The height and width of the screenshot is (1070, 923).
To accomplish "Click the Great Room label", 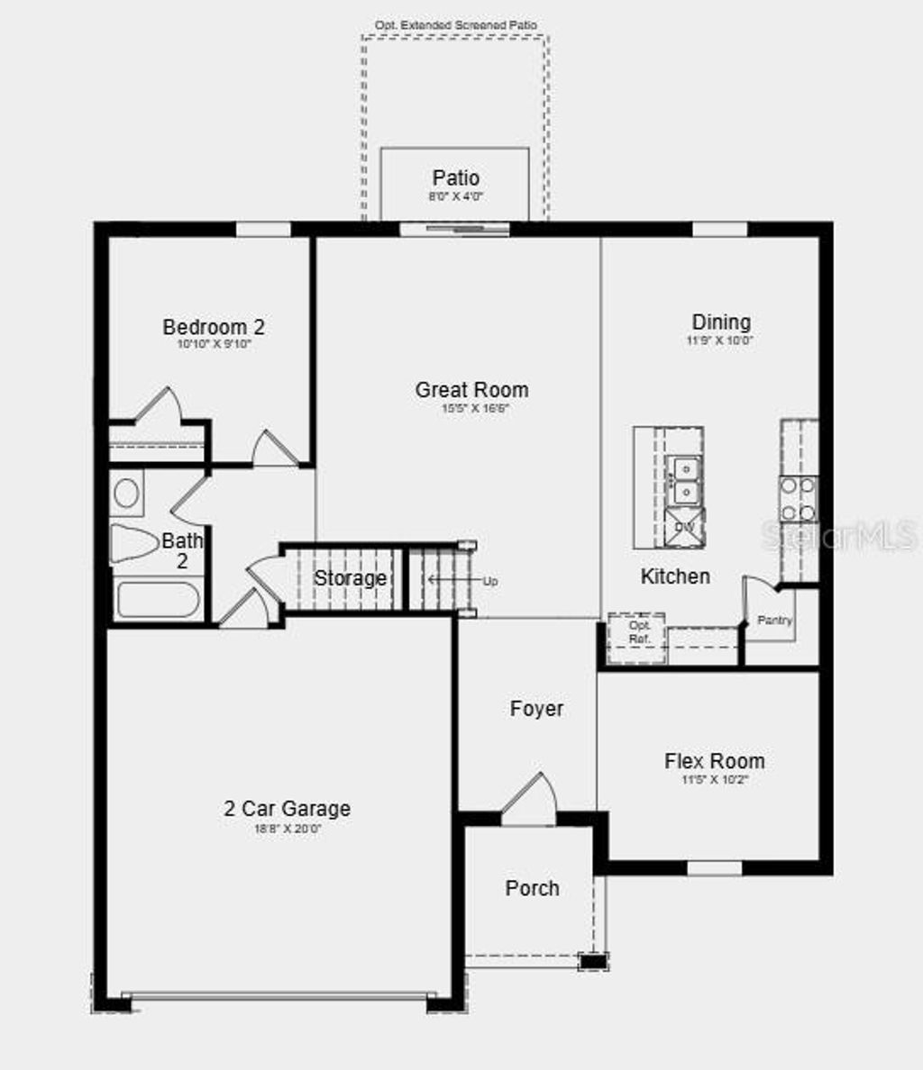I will (x=471, y=390).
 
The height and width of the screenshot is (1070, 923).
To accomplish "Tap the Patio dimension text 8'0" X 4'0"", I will (x=455, y=196).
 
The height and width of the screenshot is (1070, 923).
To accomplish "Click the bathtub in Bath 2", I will (x=158, y=600).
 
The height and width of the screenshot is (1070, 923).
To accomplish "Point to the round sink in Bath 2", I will (x=126, y=493).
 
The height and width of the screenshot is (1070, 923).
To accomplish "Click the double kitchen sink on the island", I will (x=684, y=480).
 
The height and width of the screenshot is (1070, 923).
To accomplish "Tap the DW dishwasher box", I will (x=684, y=527).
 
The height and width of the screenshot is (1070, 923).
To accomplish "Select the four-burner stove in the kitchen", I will (x=798, y=499).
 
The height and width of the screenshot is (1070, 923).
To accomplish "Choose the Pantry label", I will (x=774, y=621).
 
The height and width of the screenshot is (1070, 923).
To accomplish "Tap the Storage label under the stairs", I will (x=350, y=578).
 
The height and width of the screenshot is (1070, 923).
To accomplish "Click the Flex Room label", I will (x=714, y=761).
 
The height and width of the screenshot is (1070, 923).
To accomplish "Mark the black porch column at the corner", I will (x=592, y=961).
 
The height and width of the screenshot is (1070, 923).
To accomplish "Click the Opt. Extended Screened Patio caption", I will (x=455, y=25).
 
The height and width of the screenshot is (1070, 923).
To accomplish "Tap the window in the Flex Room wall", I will (x=714, y=868).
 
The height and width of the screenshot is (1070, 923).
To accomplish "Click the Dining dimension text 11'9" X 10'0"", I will (x=719, y=341).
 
